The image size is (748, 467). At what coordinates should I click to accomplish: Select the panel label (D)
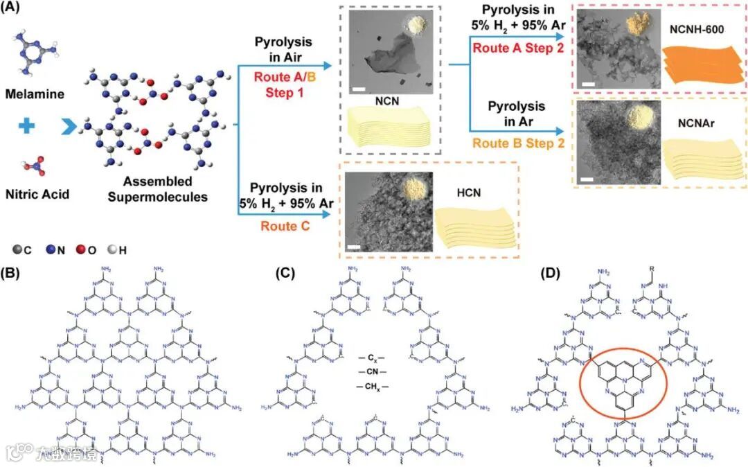(553, 272)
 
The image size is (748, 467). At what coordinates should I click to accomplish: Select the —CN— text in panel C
(373, 372)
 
